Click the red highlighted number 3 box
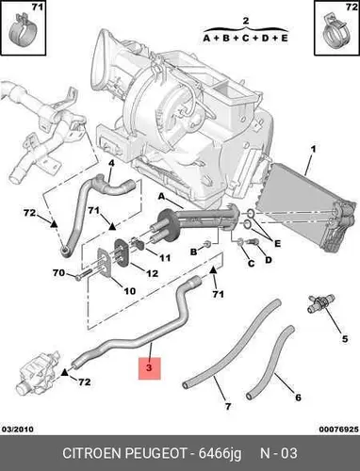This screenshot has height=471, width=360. point(150,368)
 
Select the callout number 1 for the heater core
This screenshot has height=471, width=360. point(313,148)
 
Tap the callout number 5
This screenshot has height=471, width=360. point(345,339)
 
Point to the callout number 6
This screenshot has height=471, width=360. point(298,398)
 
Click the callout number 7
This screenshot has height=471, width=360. point(228,406)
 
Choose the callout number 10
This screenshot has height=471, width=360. point(129,291)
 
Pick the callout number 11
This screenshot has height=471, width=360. point(165,258)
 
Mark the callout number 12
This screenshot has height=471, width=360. point(153,273)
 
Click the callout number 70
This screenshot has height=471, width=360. point(58,272)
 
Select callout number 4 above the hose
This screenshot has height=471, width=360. point(111,164)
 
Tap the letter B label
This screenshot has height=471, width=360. point(194,252)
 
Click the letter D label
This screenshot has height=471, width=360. point(268,260)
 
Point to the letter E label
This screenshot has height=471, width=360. point(277,243)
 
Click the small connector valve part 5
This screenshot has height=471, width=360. point(320,303)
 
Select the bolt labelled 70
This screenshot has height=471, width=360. point(83,276)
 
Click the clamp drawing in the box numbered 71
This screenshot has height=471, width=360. point(23,29)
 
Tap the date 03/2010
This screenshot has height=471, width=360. point(18,429)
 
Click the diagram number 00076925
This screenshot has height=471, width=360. point(338,429)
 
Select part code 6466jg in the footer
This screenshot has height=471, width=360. point(221,454)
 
